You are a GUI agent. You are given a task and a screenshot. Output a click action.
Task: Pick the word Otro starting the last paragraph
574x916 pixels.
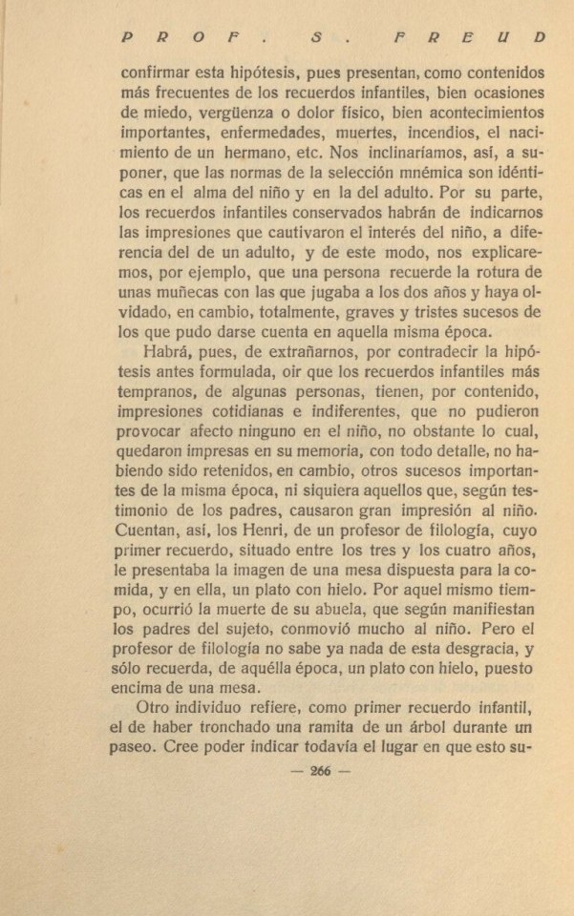coord(159,706)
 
